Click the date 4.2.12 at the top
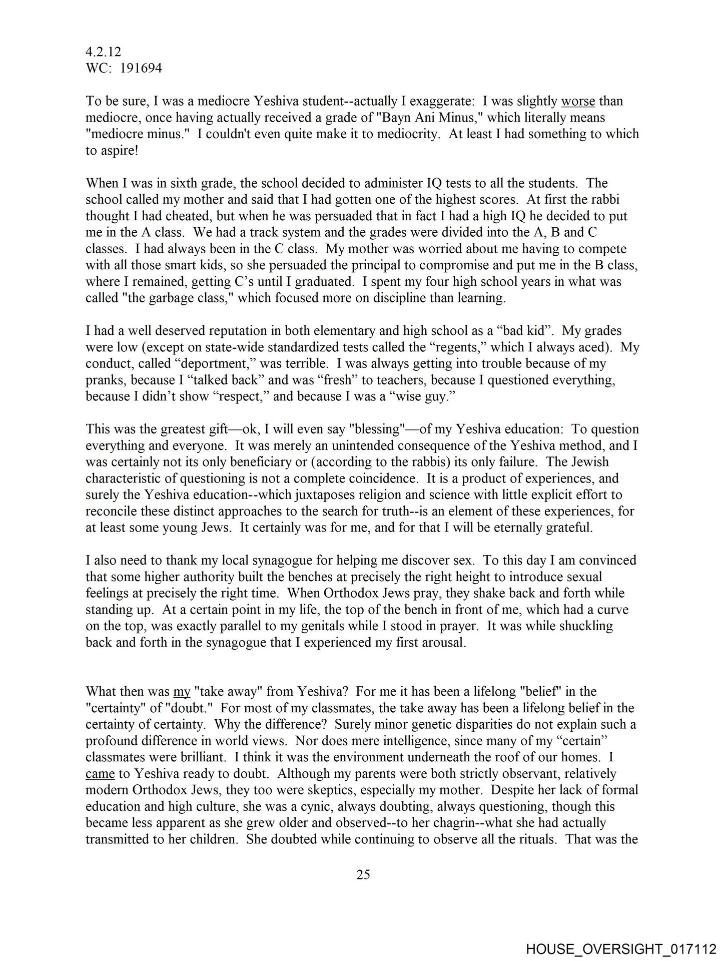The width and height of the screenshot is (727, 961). point(103,52)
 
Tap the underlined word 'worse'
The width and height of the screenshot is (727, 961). point(578,101)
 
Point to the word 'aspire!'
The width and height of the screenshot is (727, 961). point(112,150)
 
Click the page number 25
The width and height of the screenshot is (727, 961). point(363,874)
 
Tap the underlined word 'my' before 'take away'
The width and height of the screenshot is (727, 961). point(182,692)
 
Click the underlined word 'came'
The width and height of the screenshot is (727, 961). point(100,773)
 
